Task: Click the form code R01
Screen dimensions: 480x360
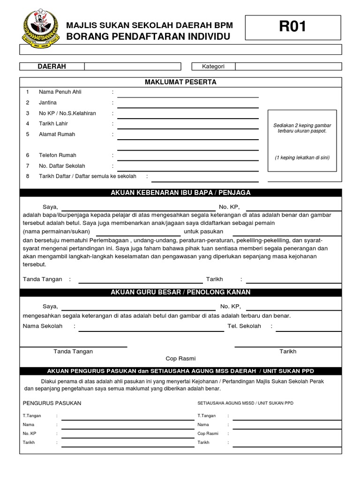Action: tap(292, 27)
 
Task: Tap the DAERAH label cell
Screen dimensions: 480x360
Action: tap(52, 67)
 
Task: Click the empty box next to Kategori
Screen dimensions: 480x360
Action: tap(288, 67)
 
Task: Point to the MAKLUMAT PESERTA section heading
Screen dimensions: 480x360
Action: tap(180, 82)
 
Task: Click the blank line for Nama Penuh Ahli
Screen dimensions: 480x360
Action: tap(187, 96)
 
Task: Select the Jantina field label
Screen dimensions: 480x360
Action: tap(48, 103)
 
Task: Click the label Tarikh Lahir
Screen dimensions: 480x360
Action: tap(51, 124)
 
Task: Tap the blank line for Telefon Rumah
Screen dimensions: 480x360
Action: tap(187, 159)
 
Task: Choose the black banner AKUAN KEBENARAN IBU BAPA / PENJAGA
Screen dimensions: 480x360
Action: tap(180, 193)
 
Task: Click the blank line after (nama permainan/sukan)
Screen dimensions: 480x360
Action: tap(138, 234)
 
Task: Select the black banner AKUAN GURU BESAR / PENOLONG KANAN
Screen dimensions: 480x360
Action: tap(180, 292)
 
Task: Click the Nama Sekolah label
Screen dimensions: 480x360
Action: tap(43, 326)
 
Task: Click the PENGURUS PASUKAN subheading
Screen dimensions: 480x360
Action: tap(52, 403)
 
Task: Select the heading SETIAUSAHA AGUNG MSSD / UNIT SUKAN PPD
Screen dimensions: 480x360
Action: tap(246, 403)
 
